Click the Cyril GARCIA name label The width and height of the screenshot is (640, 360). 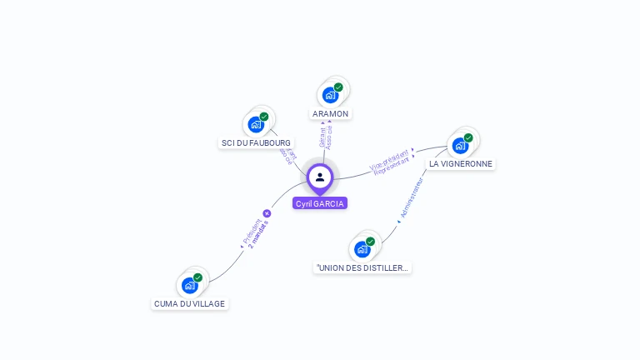point(320,203)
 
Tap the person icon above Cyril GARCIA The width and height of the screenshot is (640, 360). point(320,177)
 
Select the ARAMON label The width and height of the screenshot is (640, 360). point(330,113)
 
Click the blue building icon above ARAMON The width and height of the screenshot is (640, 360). point(330,95)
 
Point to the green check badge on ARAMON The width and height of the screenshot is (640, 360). point(338,87)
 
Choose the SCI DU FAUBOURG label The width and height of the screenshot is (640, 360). point(256,143)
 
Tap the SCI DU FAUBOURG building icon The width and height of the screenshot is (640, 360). point(256,125)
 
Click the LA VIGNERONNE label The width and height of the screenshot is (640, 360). point(461,164)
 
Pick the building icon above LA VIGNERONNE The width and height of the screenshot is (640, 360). point(460,146)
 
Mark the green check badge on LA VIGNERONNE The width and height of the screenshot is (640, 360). point(468,137)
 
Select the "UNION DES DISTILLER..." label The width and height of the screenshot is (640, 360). point(362,267)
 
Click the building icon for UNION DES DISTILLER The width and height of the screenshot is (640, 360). point(362,249)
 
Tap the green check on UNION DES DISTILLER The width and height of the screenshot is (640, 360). point(370,242)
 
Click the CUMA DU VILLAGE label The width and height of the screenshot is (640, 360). point(189,303)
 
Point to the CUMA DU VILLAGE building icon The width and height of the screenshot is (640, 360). point(190,285)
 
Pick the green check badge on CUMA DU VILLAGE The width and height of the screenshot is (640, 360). point(197,277)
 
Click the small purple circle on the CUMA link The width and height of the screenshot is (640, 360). point(267,213)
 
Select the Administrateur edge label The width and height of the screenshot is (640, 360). point(412,197)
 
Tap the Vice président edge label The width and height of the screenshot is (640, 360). point(389,157)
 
